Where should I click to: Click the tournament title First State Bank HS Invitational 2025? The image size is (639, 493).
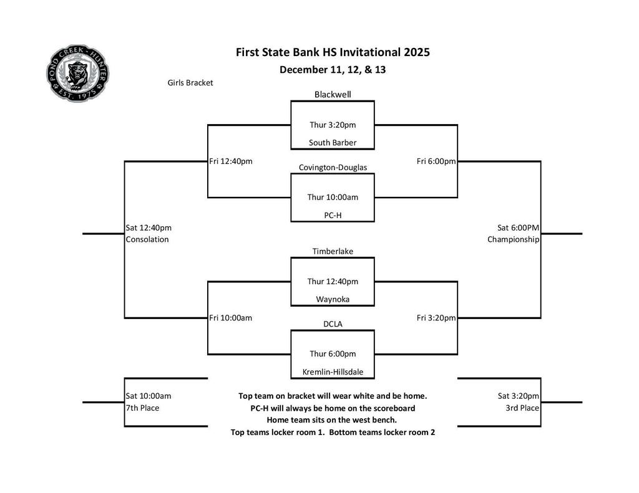click(333, 52)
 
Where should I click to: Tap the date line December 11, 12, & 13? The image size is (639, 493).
click(333, 70)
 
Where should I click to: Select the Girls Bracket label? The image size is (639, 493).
click(190, 83)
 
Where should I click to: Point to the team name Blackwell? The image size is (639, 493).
click(333, 95)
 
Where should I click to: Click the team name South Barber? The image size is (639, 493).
click(333, 143)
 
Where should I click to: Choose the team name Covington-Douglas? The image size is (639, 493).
click(333, 168)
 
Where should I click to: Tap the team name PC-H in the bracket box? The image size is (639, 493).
click(333, 215)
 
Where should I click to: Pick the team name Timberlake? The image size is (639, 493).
click(333, 251)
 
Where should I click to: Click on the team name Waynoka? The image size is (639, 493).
click(333, 299)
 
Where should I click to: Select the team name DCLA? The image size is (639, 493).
click(333, 324)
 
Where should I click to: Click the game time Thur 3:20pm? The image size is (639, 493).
click(333, 125)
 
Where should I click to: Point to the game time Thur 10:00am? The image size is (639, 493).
click(333, 198)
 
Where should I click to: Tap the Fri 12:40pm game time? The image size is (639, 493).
click(231, 161)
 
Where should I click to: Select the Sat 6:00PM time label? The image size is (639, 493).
click(518, 227)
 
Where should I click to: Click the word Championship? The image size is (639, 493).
click(513, 239)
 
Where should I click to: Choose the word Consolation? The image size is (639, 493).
click(147, 239)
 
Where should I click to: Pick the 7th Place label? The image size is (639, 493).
click(142, 408)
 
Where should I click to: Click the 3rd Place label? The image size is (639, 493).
click(522, 408)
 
